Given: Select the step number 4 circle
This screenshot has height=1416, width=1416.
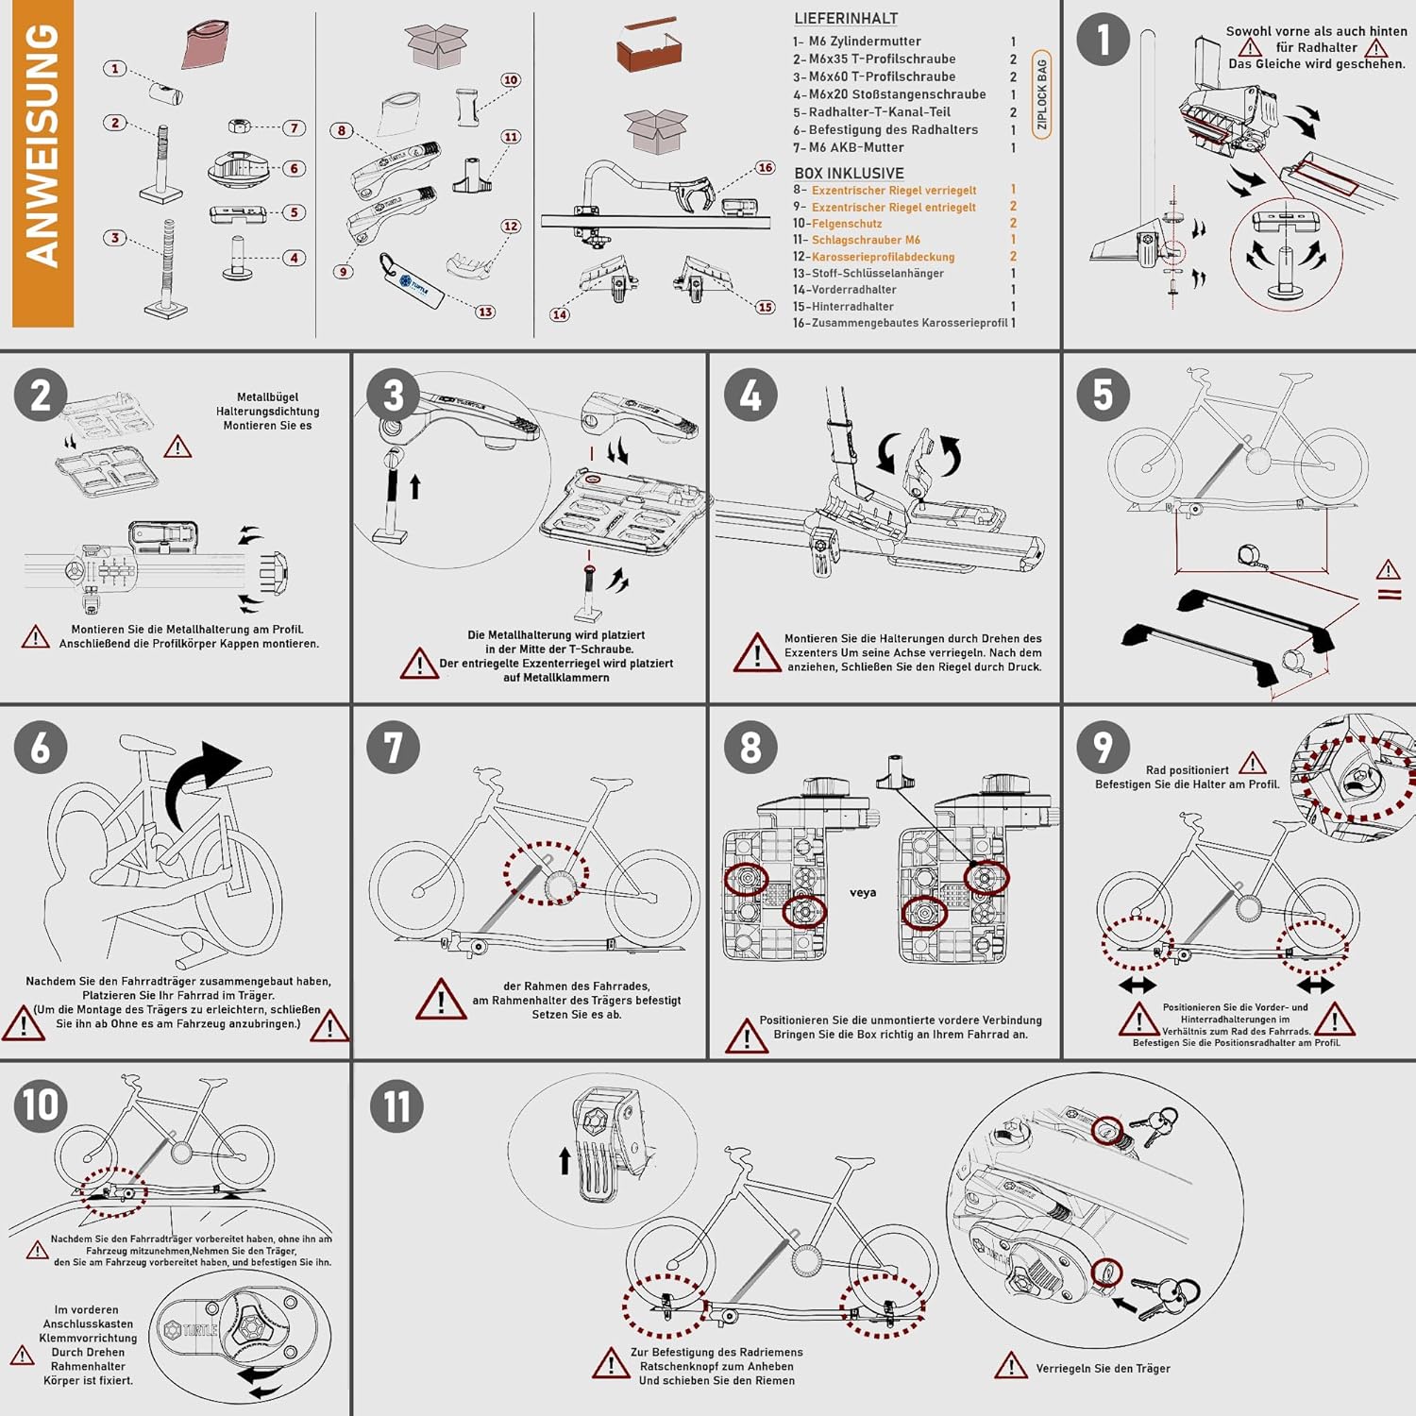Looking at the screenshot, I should pyautogui.click(x=750, y=396).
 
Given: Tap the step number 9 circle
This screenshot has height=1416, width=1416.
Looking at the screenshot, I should pyautogui.click(x=1103, y=748).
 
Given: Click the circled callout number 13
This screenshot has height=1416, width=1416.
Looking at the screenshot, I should pyautogui.click(x=485, y=312).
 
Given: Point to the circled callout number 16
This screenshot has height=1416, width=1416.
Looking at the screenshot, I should pyautogui.click(x=765, y=168).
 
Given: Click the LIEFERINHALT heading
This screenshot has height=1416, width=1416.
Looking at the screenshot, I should pyautogui.click(x=846, y=19).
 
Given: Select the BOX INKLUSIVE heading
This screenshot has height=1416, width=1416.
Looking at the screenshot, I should pyautogui.click(x=849, y=174).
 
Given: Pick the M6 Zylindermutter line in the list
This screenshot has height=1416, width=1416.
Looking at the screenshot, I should pyautogui.click(x=864, y=42).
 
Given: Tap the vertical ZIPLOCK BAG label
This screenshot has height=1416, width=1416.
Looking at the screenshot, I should pyautogui.click(x=1042, y=94).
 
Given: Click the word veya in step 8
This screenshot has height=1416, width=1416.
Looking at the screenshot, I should pyautogui.click(x=863, y=892).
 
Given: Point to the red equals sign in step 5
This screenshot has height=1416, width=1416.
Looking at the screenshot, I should pyautogui.click(x=1390, y=595).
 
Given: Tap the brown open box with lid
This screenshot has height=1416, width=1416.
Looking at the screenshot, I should pyautogui.click(x=649, y=47).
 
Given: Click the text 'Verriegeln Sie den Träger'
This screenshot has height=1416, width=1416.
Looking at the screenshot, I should pyautogui.click(x=1103, y=1369).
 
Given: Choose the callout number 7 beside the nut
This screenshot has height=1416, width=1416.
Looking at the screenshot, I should pyautogui.click(x=295, y=127).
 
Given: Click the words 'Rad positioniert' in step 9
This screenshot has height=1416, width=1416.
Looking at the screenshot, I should pyautogui.click(x=1187, y=770).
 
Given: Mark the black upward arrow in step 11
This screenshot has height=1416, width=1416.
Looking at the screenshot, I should pyautogui.click(x=565, y=1160).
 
